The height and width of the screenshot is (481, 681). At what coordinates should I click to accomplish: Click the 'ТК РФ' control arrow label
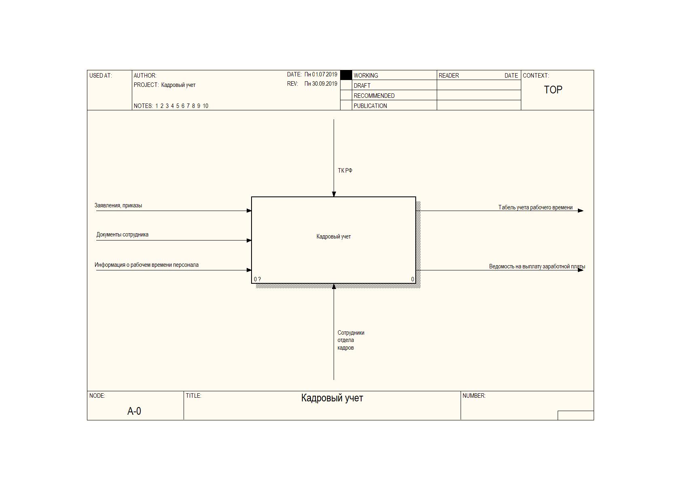tap(345, 171)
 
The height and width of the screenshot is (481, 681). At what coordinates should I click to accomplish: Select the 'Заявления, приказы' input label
tap(118, 205)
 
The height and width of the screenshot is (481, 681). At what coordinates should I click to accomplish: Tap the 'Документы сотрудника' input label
tap(122, 234)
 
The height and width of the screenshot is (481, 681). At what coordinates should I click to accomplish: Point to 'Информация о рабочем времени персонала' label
tap(146, 265)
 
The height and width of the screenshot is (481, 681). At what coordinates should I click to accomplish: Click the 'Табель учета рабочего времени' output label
tap(535, 207)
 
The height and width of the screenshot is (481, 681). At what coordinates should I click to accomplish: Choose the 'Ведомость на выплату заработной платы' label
tap(537, 266)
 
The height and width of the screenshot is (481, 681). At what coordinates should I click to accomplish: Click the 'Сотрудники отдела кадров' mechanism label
tap(351, 340)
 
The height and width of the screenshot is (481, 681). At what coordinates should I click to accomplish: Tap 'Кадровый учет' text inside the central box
tap(334, 236)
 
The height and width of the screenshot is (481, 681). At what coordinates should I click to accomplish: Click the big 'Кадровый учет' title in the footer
tap(332, 398)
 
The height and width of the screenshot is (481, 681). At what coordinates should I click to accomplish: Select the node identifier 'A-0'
tap(134, 411)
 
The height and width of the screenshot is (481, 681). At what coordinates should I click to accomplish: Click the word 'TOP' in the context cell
tap(553, 90)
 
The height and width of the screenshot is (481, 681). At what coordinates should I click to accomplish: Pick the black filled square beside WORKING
tap(346, 75)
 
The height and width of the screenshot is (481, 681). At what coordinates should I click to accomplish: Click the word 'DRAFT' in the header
tap(362, 86)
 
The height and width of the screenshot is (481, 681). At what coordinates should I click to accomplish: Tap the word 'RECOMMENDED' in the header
tap(374, 96)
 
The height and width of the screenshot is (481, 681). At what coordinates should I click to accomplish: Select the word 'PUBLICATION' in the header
tap(370, 106)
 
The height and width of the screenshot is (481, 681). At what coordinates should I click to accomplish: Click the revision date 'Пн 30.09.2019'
tap(321, 84)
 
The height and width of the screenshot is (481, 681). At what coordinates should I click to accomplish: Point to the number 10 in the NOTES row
tap(205, 106)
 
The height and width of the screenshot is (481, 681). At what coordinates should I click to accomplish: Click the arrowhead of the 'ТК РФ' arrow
tap(334, 194)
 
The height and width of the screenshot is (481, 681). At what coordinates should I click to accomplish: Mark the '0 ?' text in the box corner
tap(257, 279)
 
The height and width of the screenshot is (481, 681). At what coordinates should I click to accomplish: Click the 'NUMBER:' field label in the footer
tap(474, 396)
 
